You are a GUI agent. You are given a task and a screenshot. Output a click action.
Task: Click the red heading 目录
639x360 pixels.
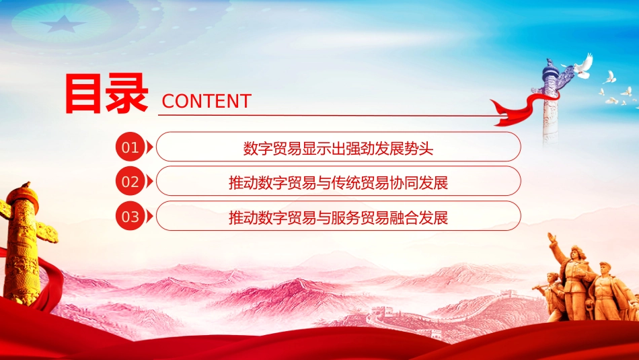pos(106,94)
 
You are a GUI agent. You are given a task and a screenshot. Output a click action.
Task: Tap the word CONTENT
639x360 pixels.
pos(206,101)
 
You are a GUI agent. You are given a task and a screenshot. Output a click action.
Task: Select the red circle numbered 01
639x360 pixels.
pos(130,147)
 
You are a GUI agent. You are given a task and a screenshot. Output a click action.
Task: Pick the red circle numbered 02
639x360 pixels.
pos(130,182)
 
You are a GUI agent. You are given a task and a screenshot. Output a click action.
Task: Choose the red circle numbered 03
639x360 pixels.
pos(130,216)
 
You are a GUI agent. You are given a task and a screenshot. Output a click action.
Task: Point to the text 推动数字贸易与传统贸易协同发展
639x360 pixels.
pos(338,182)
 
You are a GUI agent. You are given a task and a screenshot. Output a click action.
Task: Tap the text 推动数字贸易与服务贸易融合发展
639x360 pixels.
pos(338,217)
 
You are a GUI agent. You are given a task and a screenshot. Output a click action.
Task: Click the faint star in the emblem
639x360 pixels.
pos(63,24)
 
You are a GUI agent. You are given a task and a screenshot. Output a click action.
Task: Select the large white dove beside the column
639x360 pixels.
pos(582,66)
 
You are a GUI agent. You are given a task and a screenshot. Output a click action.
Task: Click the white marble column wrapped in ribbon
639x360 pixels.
pos(550,102)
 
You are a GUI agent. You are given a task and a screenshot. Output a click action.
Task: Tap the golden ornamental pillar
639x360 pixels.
pos(22,245)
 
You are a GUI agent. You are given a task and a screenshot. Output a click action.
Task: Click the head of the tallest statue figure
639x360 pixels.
pos(578,252)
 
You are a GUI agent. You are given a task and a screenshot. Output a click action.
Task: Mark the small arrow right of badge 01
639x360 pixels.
pos(149,147)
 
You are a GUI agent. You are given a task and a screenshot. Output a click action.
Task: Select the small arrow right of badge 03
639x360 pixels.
pos(149,216)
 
